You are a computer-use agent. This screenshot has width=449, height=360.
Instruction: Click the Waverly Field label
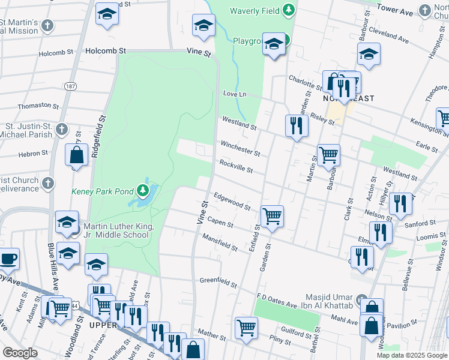(255, 10)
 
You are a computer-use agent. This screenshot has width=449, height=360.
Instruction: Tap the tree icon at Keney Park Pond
(143, 191)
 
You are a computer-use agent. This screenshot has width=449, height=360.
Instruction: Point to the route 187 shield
(71, 87)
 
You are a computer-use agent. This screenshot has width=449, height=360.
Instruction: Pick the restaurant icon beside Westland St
(296, 125)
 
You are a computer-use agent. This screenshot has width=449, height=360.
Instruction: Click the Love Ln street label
(235, 94)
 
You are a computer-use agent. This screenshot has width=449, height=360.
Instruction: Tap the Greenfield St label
(218, 280)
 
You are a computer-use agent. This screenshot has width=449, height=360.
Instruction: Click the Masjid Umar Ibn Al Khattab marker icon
(360, 299)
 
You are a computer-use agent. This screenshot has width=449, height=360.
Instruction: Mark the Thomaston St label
(34, 106)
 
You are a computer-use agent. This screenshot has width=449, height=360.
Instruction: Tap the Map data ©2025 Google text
(411, 355)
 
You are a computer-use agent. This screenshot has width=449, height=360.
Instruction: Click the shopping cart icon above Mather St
(246, 328)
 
